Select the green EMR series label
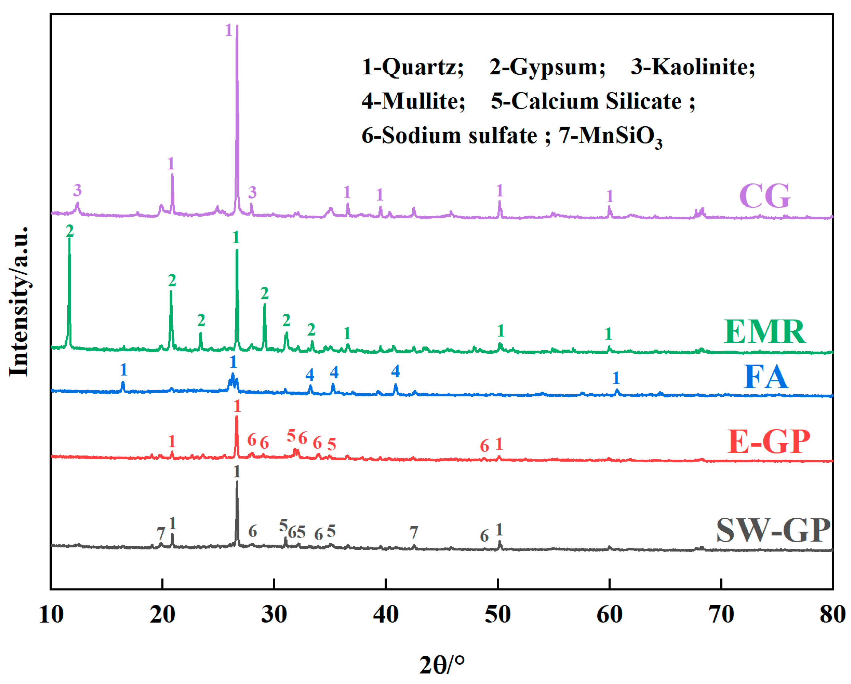(x=765, y=331)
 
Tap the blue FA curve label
(x=766, y=377)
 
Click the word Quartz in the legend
(x=422, y=67)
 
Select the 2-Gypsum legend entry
(x=547, y=67)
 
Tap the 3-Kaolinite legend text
(x=693, y=67)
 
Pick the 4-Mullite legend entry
(x=413, y=101)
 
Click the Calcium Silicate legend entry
(x=592, y=101)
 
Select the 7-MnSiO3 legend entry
(x=610, y=136)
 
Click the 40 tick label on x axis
(x=386, y=614)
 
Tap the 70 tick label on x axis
(x=721, y=614)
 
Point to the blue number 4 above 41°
(x=395, y=371)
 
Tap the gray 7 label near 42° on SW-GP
(x=414, y=533)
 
